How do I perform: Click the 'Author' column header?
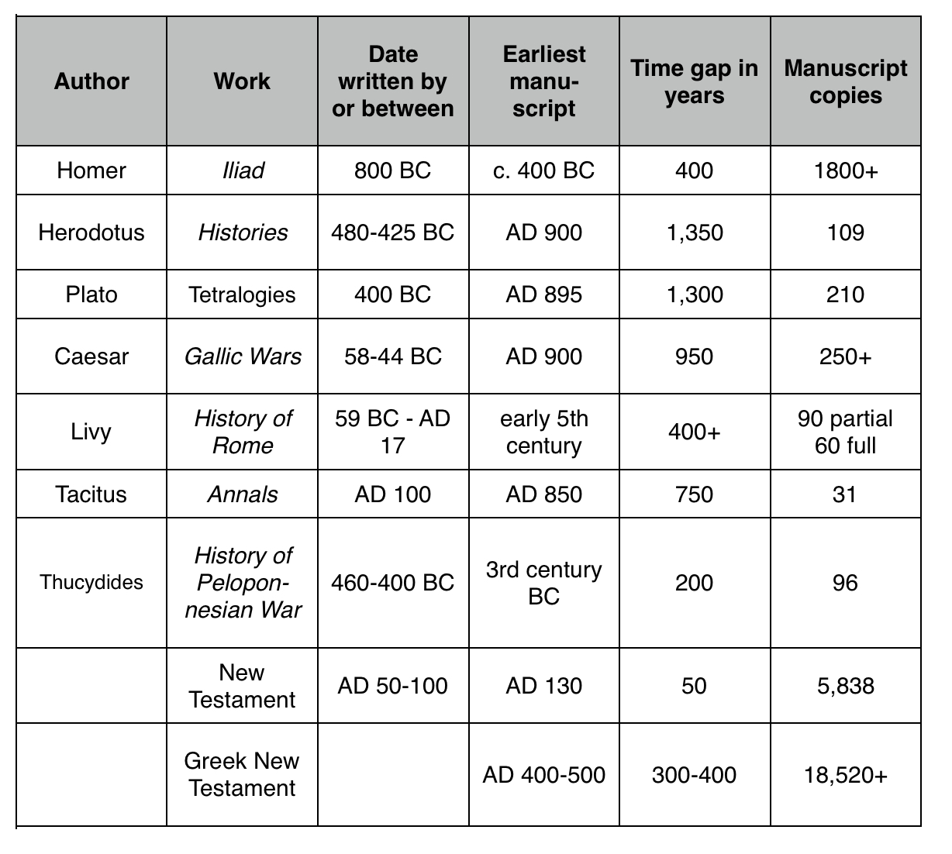91,81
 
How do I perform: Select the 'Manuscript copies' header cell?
845,81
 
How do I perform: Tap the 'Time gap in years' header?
694,81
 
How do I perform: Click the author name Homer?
91,170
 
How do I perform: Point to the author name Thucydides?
91,583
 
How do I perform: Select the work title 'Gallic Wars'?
243,356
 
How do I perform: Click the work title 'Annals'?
243,494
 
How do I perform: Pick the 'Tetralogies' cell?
243,294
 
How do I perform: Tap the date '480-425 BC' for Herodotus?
392,232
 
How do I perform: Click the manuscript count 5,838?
845,686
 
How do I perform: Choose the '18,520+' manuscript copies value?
845,775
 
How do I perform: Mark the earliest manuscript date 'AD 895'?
543,294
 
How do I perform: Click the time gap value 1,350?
694,232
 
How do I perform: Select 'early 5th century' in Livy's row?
543,432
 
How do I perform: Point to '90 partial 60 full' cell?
845,432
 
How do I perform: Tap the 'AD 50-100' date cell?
392,686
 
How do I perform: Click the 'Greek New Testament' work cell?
243,775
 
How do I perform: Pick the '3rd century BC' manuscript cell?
543,583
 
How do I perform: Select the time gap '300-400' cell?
694,775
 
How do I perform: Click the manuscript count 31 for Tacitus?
845,494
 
